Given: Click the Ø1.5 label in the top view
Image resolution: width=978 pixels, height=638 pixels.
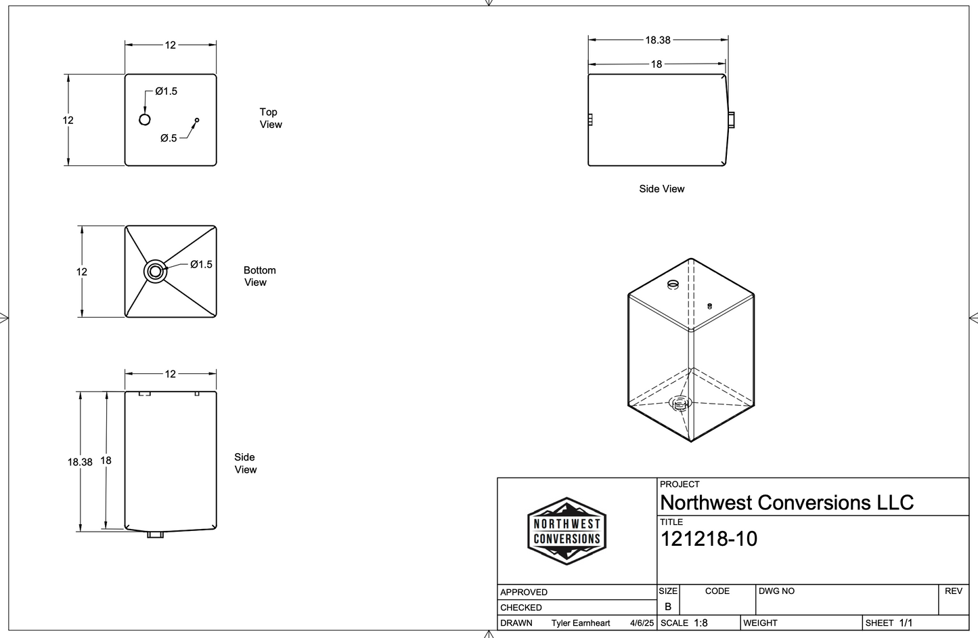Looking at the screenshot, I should point(166,91).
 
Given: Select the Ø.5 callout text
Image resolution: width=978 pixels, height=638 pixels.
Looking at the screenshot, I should point(169,138).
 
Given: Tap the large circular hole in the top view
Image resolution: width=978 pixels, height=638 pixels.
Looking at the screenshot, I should point(144,120).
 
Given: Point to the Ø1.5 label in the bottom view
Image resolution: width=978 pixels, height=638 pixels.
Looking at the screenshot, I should point(201,264).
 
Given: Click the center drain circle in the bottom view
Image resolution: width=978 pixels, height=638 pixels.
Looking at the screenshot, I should point(155,272).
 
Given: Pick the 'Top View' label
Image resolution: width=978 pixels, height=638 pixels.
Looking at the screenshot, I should point(270,118).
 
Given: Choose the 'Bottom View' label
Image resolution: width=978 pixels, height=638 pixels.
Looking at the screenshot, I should point(259,276).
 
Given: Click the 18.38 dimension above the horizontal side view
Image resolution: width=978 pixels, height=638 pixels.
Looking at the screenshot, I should point(657,40).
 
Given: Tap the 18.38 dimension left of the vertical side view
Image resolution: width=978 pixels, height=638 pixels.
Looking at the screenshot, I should point(80,462).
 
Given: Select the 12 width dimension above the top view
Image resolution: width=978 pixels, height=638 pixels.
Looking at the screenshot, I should point(170,45).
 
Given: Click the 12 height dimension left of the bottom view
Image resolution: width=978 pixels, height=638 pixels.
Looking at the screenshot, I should point(81,272).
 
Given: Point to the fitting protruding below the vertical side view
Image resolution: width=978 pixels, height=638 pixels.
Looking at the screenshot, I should point(156,535).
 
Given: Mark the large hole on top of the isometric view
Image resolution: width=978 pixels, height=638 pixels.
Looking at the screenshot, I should point(673,284).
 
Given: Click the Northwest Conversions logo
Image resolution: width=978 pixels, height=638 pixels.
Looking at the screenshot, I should point(566,531).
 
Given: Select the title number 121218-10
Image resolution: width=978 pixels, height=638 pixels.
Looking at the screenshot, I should point(708,539).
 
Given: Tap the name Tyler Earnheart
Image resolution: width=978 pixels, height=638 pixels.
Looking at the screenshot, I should point(580,623).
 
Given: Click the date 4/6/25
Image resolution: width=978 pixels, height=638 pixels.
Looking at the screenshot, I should point(642,623).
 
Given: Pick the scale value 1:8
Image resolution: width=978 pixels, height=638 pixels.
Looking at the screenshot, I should point(701,623).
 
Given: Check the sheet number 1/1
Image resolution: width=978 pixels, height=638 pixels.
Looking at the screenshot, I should point(906,623).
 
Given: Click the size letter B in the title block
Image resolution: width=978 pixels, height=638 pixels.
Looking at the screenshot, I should point(668,607).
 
